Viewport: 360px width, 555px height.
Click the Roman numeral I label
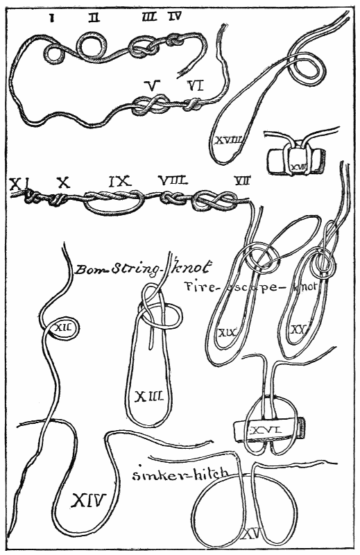pyautogui.click(x=52, y=17)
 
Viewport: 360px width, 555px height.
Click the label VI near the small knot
pyautogui.click(x=196, y=87)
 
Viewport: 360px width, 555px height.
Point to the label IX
pyautogui.click(x=119, y=183)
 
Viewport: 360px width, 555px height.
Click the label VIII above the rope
pyautogui.click(x=171, y=183)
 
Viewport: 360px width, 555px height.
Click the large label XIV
pyautogui.click(x=88, y=498)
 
